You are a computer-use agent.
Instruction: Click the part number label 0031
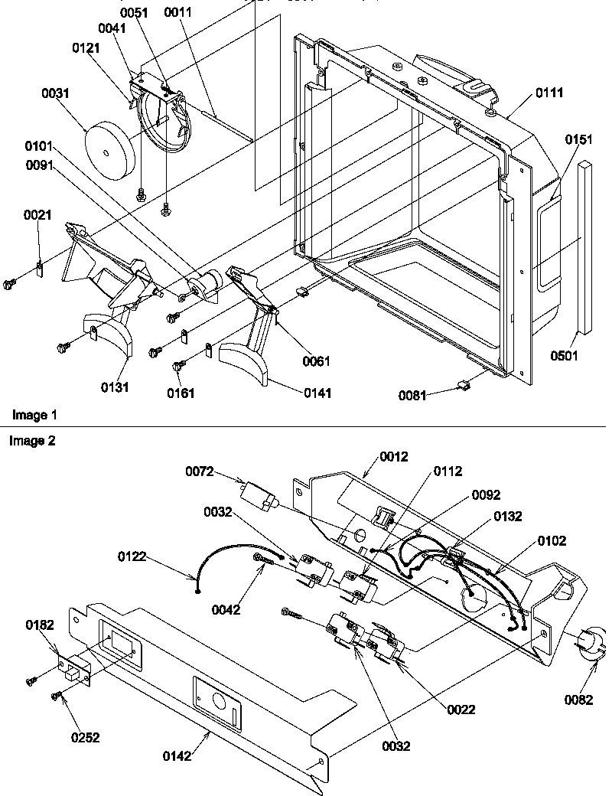[x=57, y=93]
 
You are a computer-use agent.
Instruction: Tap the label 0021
[x=38, y=215]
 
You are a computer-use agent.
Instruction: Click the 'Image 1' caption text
[x=34, y=415]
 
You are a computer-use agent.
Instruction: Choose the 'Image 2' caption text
[x=32, y=441]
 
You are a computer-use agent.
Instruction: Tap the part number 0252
[x=85, y=738]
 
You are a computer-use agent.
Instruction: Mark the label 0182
[x=39, y=625]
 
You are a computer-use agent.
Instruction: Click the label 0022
[x=461, y=710]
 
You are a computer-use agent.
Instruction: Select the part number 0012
[x=394, y=457]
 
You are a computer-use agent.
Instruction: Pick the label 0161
[x=182, y=393]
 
